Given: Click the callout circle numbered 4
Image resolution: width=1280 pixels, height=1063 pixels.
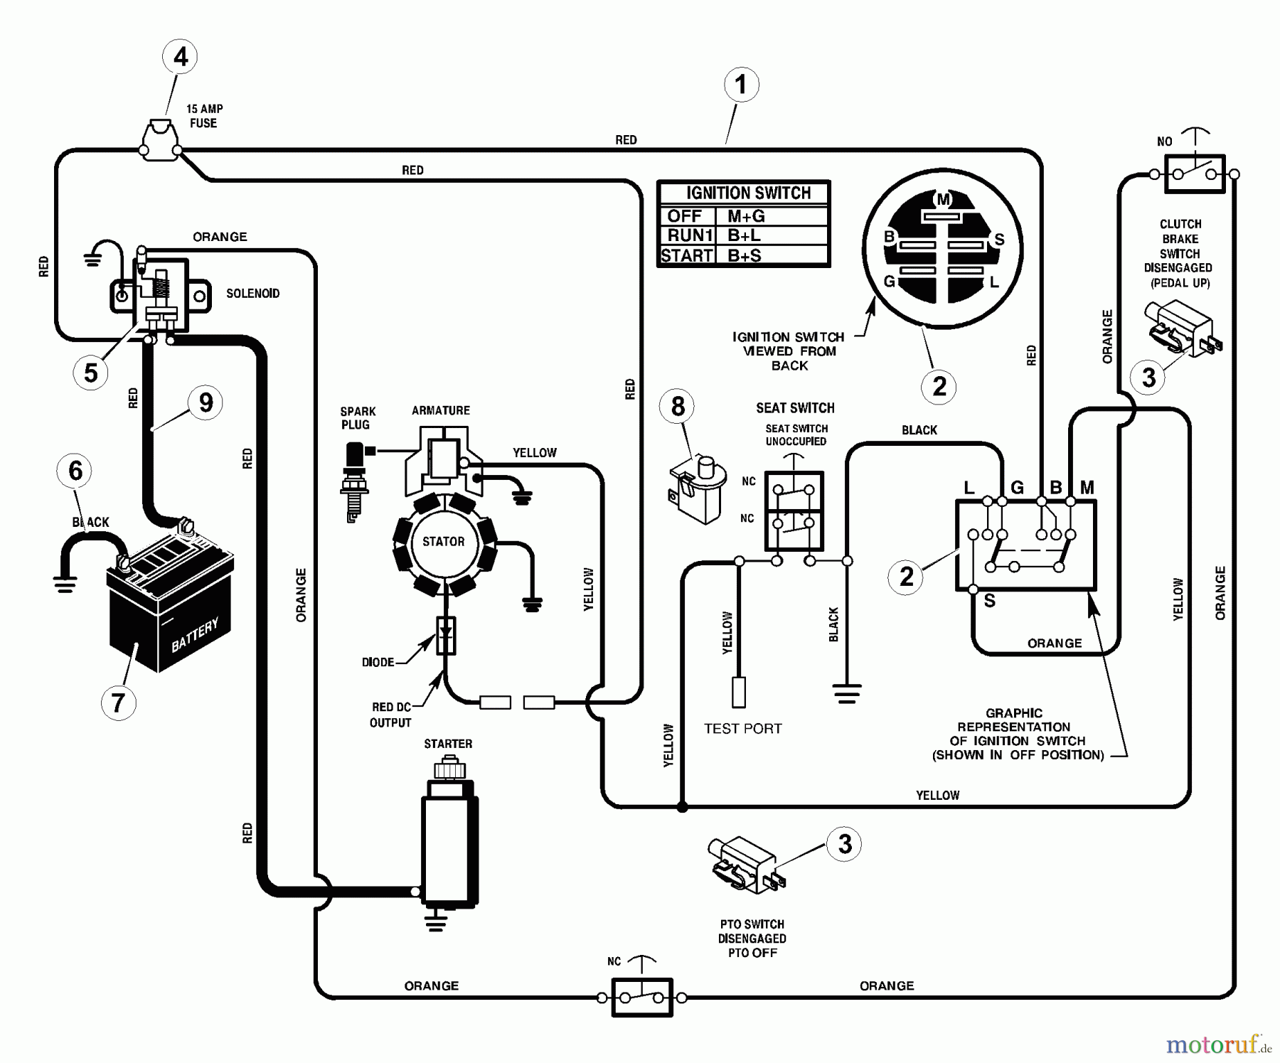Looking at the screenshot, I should pos(181,57).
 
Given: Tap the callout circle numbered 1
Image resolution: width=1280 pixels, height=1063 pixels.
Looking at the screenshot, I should pos(741,85).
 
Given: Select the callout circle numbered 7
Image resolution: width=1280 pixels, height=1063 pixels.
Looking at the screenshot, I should pos(119,703).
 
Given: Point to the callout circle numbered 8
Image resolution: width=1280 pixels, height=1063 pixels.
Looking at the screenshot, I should pos(678,406).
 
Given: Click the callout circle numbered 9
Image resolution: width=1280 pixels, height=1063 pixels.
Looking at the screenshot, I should pos(206,402).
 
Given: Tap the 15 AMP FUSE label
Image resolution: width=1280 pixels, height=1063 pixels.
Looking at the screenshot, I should pos(204,116).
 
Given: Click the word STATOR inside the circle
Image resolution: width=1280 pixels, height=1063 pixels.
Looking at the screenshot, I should pos(443,542).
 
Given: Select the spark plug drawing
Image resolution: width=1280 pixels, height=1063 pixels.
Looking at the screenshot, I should pos(354,480).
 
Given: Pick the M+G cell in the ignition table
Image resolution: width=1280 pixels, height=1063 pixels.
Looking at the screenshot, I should pos(746,216).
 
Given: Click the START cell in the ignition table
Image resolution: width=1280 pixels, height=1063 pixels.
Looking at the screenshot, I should pos(686,255).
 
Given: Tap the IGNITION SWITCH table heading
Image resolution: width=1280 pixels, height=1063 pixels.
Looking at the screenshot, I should pos(747,193).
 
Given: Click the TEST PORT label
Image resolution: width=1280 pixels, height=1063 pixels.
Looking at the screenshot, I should pos(742,729).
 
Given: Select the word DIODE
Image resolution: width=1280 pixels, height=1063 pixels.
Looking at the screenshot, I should pos(378,662).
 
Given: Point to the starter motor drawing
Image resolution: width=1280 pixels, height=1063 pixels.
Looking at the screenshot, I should pos(449,839).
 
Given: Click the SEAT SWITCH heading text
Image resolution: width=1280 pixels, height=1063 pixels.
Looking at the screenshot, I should pos(795,408).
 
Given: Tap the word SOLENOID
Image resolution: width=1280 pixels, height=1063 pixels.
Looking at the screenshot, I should pos(252,293).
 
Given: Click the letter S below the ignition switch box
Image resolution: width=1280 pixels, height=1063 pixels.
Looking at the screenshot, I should pos(989,602).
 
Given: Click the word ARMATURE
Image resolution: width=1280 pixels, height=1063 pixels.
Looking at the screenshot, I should pos(440,410).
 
